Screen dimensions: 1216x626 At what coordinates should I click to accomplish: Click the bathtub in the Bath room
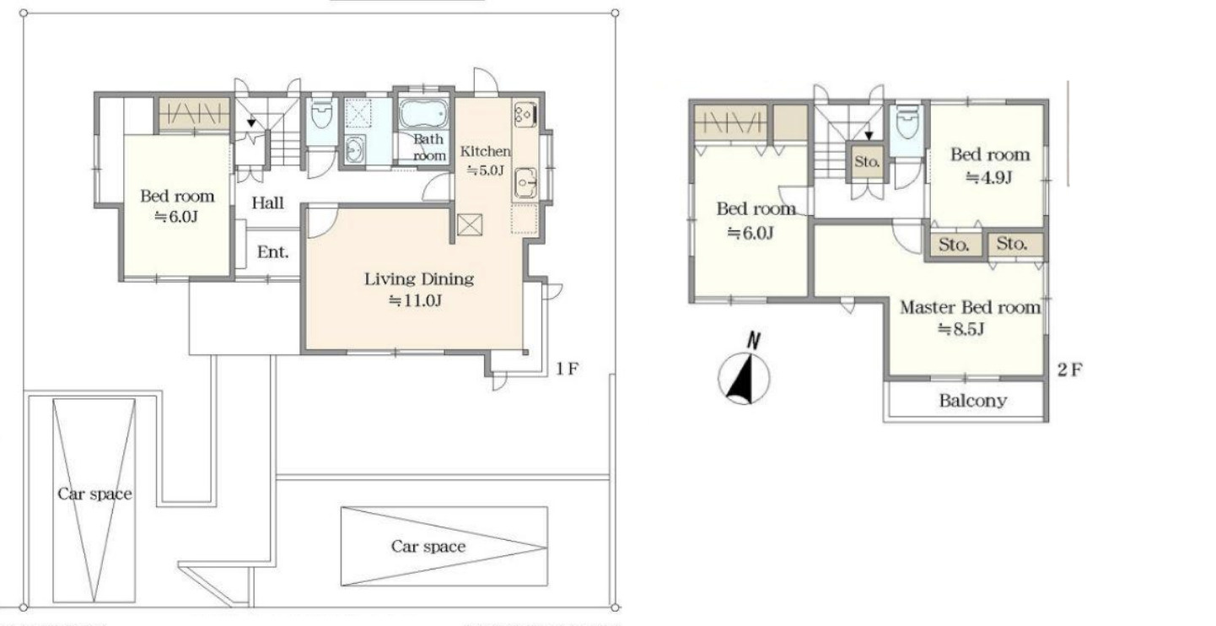pyautogui.click(x=424, y=113)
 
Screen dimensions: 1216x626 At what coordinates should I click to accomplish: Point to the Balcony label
pyautogui.click(x=973, y=401)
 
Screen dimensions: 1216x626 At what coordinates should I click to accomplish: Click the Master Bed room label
pyautogui.click(x=970, y=307)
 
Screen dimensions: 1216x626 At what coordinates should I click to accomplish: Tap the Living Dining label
pyautogui.click(x=418, y=279)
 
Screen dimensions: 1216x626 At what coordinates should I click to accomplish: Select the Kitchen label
pyautogui.click(x=485, y=151)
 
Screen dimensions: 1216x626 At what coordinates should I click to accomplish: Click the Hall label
pyautogui.click(x=267, y=203)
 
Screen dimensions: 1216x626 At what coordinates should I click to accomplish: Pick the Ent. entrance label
pyautogui.click(x=272, y=252)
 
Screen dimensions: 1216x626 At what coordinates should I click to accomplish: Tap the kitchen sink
pyautogui.click(x=525, y=183)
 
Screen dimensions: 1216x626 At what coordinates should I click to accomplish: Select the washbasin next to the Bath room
pyautogui.click(x=355, y=148)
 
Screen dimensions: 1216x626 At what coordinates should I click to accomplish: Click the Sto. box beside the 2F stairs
pyautogui.click(x=866, y=162)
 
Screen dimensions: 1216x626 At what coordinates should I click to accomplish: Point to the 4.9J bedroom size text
pyautogui.click(x=989, y=177)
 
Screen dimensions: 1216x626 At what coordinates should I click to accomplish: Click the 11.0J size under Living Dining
pyautogui.click(x=415, y=300)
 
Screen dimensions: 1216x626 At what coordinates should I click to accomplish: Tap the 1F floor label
pyautogui.click(x=567, y=370)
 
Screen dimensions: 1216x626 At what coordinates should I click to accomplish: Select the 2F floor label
pyautogui.click(x=1069, y=370)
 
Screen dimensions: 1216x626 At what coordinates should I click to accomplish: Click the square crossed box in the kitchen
pyautogui.click(x=470, y=224)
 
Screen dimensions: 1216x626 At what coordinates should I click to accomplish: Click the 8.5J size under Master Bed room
pyautogui.click(x=961, y=329)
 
